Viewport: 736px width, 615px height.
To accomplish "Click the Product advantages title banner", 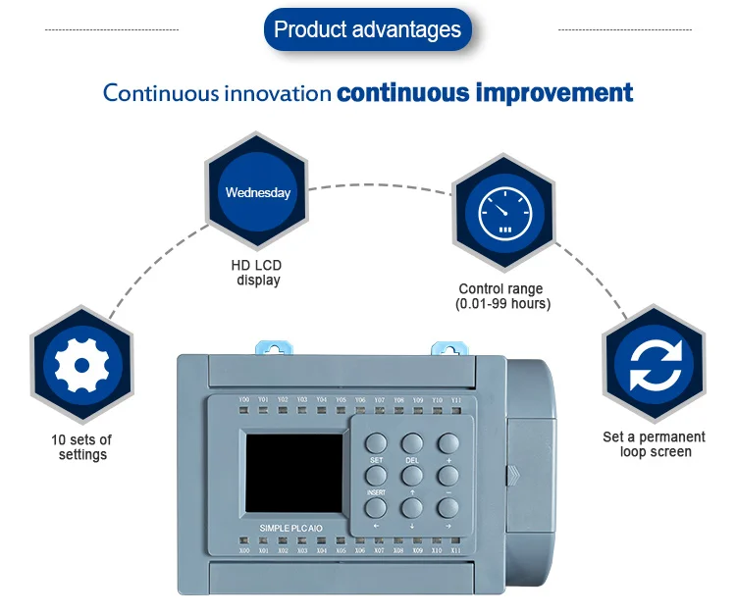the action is [x=367, y=29].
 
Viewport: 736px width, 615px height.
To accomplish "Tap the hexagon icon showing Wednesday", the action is [x=257, y=192].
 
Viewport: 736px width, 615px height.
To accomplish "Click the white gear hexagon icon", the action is [x=82, y=366].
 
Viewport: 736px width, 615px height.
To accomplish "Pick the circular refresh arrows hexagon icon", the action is [x=653, y=366].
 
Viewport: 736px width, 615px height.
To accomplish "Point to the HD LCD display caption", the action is [x=258, y=273].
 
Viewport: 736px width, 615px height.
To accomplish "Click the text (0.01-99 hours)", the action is [x=502, y=304].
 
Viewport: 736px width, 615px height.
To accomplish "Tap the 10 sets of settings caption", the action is [x=81, y=447].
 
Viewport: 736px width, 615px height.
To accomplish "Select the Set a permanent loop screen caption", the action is [x=654, y=444].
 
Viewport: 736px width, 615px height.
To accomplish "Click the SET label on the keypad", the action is [x=376, y=460].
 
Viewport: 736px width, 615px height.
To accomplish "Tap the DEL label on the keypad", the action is [x=411, y=460].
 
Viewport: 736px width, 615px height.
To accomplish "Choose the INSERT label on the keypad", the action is [x=376, y=491].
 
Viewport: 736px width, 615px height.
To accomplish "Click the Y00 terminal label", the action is [x=244, y=400].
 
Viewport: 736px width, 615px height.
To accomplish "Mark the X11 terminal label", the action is [x=456, y=551].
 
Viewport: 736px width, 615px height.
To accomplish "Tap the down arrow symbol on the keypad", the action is [x=412, y=525].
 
